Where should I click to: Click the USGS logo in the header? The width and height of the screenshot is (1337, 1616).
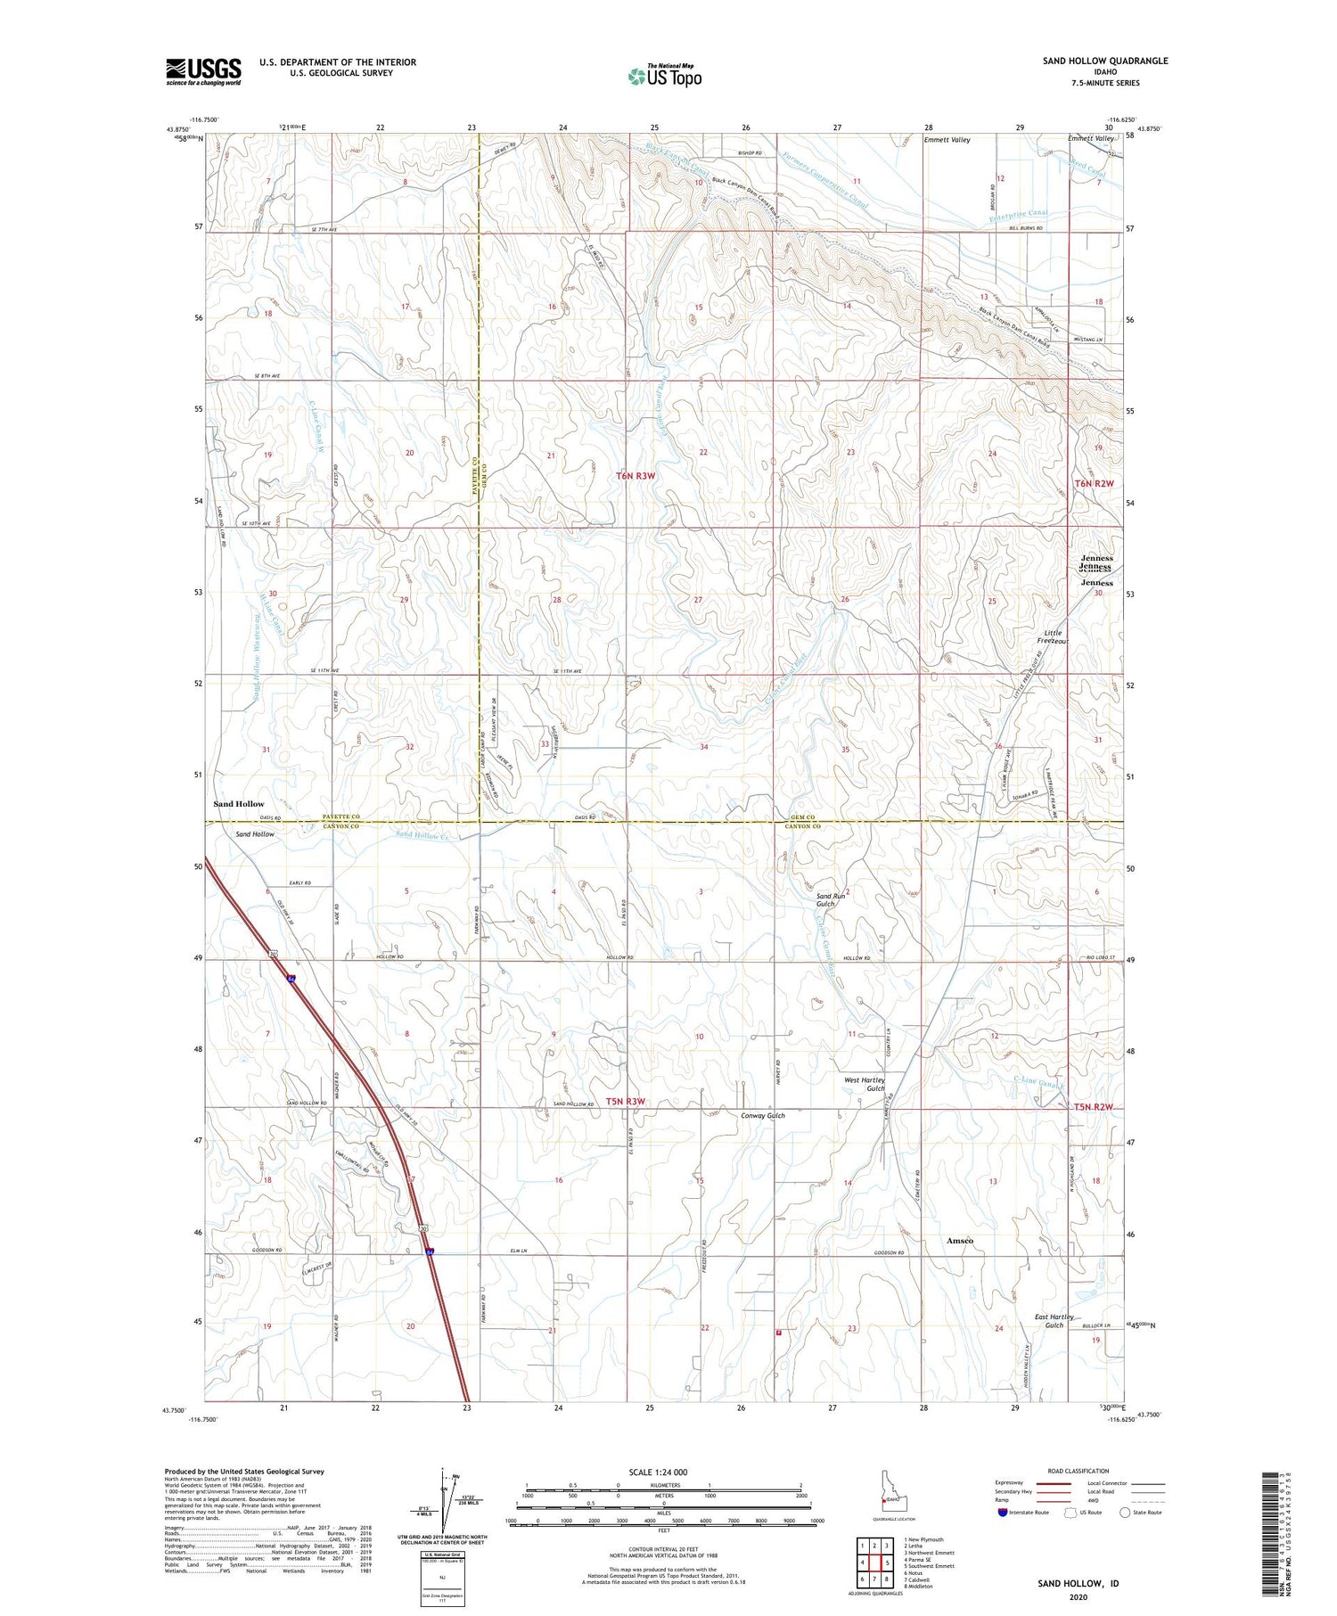tap(203, 71)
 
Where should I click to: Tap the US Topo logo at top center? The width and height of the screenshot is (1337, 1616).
tap(664, 76)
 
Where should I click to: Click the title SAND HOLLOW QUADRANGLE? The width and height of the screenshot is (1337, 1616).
tap(1104, 61)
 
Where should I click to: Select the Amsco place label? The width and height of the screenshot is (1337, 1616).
tap(960, 1241)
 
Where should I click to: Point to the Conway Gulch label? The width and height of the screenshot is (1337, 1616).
tap(763, 1115)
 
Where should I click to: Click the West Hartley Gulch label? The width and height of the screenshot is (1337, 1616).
tap(864, 1084)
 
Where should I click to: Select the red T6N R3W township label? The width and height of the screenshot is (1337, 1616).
tap(636, 476)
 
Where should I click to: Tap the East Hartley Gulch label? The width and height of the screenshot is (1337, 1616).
tap(1054, 1321)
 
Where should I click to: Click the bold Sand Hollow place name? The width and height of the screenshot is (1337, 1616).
tap(238, 804)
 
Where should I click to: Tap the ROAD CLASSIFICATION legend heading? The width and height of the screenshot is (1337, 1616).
tap(1079, 1471)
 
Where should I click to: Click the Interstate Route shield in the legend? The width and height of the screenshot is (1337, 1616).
tap(1003, 1513)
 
